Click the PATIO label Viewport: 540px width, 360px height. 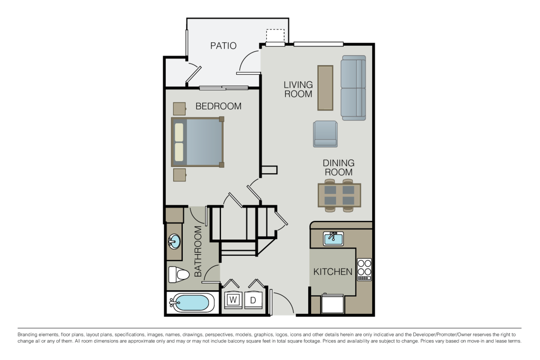(x=223, y=46)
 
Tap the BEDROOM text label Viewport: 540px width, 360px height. (x=218, y=106)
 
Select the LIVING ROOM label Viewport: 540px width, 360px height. (x=298, y=89)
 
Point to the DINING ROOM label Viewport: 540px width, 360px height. (x=338, y=168)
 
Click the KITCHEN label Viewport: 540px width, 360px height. (x=333, y=271)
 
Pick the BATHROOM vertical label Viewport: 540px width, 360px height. (x=198, y=251)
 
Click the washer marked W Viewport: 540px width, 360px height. (x=233, y=300)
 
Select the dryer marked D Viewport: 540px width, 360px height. (x=253, y=300)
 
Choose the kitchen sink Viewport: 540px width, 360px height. (x=333, y=238)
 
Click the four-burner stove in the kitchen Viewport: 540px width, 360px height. (x=364, y=269)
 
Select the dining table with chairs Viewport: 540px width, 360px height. (x=339, y=195)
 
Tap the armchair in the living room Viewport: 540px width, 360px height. (x=325, y=133)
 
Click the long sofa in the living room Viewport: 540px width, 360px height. (x=353, y=88)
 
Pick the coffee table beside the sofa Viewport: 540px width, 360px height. (x=325, y=88)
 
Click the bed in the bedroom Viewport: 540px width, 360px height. (x=197, y=142)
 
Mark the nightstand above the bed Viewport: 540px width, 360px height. (x=180, y=109)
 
